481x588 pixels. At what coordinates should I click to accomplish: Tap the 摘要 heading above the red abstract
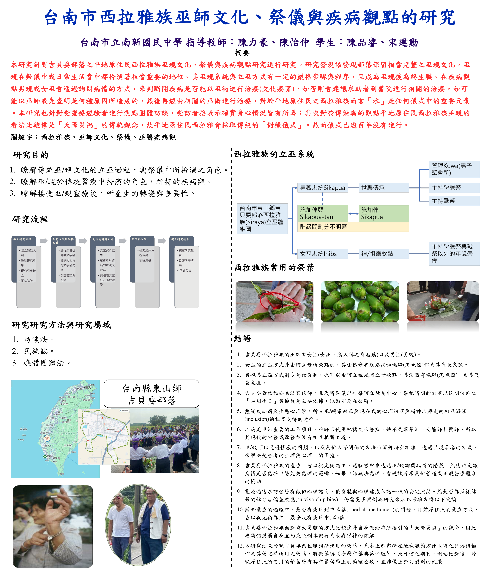[242, 53]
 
